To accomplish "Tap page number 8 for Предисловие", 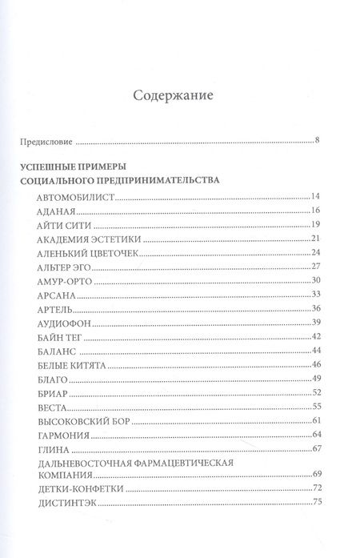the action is coord(317,143).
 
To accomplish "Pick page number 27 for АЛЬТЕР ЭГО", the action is coord(314,267).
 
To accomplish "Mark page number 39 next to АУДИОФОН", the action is coord(314,323).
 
